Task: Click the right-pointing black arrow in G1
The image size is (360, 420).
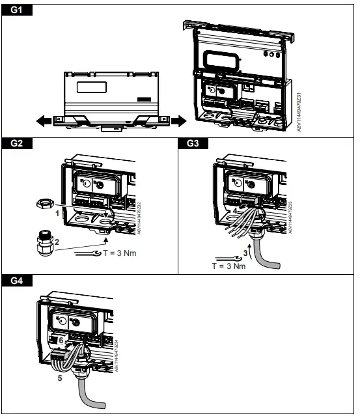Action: [174, 120]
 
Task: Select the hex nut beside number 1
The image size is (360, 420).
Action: [40, 204]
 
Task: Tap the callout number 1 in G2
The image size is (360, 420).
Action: [57, 213]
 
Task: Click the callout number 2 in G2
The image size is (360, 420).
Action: [57, 242]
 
